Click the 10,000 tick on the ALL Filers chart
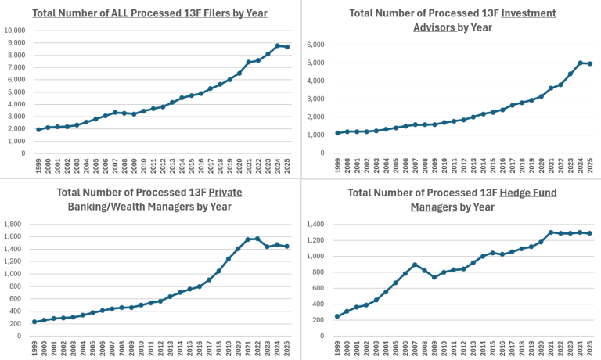pyautogui.click(x=15, y=31)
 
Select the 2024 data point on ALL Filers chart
pyautogui.click(x=278, y=46)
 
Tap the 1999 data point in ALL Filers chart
pyautogui.click(x=39, y=129)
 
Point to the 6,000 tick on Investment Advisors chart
pyautogui.click(x=316, y=45)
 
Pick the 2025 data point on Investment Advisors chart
pyautogui.click(x=589, y=63)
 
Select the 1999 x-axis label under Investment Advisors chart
pyautogui.click(x=338, y=165)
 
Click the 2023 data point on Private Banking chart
pyautogui.click(x=267, y=247)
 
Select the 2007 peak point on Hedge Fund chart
pyautogui.click(x=414, y=265)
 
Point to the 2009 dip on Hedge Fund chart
pyautogui.click(x=434, y=277)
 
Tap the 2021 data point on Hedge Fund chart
pyautogui.click(x=551, y=232)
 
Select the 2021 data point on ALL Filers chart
pyautogui.click(x=248, y=62)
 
